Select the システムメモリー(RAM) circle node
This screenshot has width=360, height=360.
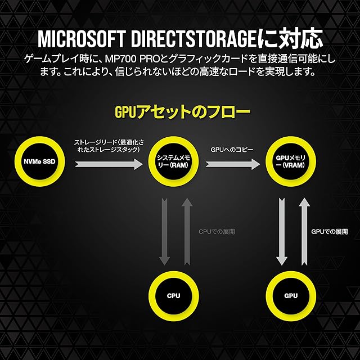click(175, 164)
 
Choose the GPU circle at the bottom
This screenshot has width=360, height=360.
click(290, 295)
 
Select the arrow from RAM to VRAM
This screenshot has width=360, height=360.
click(232, 164)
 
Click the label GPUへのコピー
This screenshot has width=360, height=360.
click(232, 150)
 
